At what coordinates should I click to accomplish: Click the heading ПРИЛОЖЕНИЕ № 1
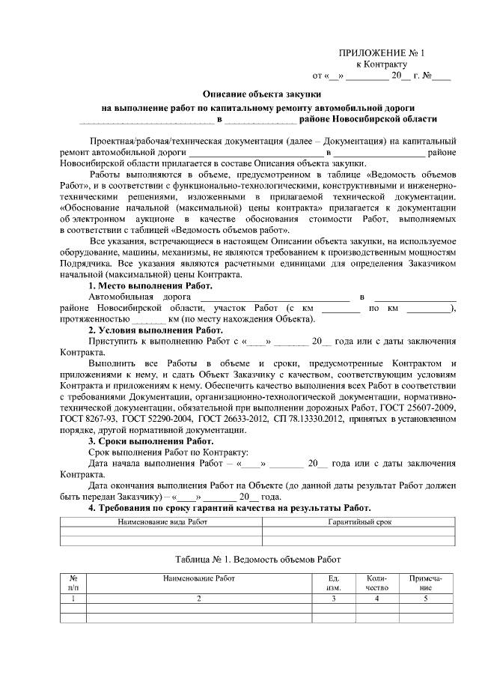coord(382,52)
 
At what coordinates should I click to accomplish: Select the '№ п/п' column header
coord(73,583)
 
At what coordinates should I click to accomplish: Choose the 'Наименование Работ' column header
coord(199,578)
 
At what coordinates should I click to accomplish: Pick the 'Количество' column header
coord(376,583)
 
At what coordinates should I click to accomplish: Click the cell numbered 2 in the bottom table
coord(199,598)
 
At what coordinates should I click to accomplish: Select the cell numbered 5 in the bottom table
coord(425,598)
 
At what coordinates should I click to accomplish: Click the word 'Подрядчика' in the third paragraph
coord(87,265)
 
